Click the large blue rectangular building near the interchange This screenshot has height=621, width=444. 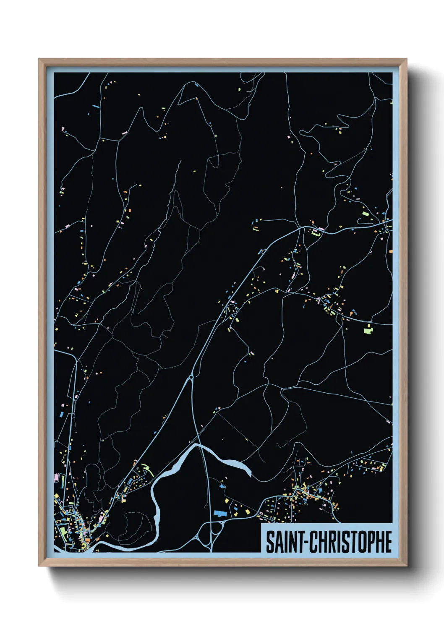[x=219, y=513]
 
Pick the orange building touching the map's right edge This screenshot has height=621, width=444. [x=391, y=251]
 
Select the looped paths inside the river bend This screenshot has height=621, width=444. [x=134, y=527]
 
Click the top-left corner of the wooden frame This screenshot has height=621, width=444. [x=39, y=59]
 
